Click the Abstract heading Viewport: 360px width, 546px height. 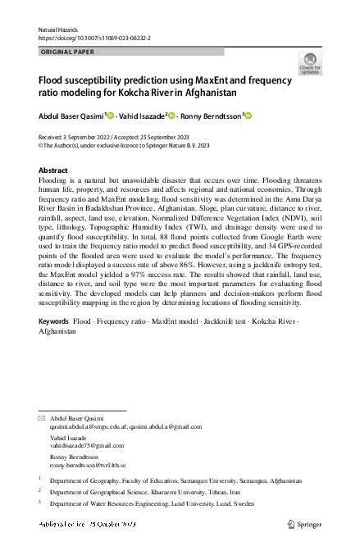pyautogui.click(x=54, y=170)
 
